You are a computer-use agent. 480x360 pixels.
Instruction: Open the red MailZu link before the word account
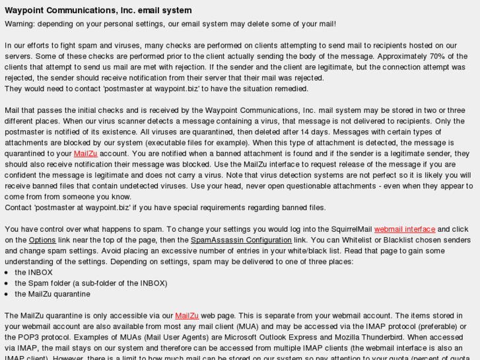[85, 154]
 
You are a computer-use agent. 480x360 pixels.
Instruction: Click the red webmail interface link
[404, 229]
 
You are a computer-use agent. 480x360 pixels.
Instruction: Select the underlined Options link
[42, 240]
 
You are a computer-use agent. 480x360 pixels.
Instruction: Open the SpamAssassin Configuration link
[241, 240]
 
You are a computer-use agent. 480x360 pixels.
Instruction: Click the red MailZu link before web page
[187, 316]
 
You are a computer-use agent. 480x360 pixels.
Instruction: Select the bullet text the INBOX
[34, 272]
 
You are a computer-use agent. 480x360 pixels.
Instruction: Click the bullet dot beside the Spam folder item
[7, 283]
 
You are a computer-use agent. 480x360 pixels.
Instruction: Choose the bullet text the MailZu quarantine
[52, 294]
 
